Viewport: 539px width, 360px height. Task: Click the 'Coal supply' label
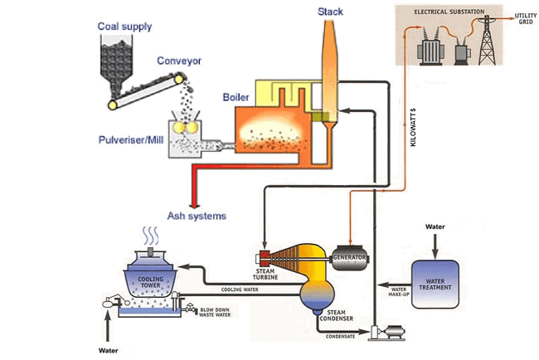pos(124,27)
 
